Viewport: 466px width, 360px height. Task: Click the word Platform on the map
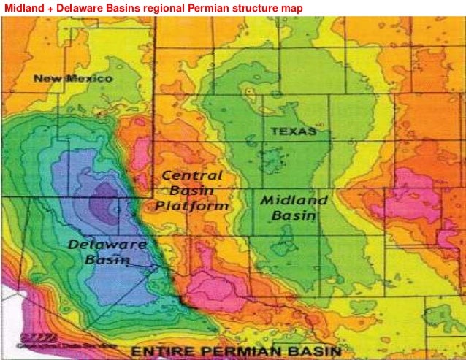click(x=192, y=206)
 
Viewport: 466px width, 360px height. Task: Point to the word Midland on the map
click(x=294, y=200)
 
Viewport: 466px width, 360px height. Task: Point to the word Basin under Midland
click(x=293, y=216)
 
